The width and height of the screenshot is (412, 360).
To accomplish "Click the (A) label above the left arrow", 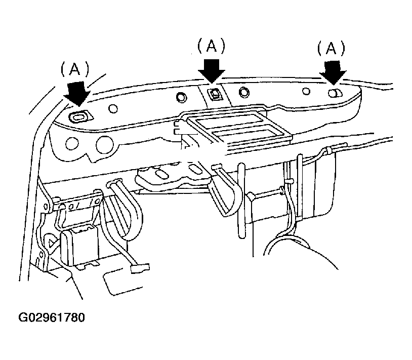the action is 75,69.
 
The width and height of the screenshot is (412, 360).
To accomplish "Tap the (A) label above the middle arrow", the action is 211,46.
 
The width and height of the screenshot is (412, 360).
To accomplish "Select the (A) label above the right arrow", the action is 331,48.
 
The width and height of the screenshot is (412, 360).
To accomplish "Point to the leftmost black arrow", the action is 77,94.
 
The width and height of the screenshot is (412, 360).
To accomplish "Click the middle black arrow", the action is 212,71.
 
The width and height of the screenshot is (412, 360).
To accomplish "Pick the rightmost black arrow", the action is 333,73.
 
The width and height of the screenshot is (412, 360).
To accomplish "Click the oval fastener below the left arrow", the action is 79,116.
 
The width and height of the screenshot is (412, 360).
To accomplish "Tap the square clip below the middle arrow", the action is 215,94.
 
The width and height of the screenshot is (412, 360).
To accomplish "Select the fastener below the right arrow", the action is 335,93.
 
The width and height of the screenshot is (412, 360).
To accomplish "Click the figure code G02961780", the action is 52,317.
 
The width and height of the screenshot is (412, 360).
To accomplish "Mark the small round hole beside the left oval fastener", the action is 113,108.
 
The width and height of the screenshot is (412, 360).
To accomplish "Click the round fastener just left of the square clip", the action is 181,97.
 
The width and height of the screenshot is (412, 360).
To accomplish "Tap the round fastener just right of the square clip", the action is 244,92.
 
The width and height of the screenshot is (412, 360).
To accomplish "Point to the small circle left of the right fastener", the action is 306,91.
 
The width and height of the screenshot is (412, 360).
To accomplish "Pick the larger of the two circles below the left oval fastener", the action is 104,145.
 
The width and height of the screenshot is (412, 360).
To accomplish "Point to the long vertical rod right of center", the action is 241,201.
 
